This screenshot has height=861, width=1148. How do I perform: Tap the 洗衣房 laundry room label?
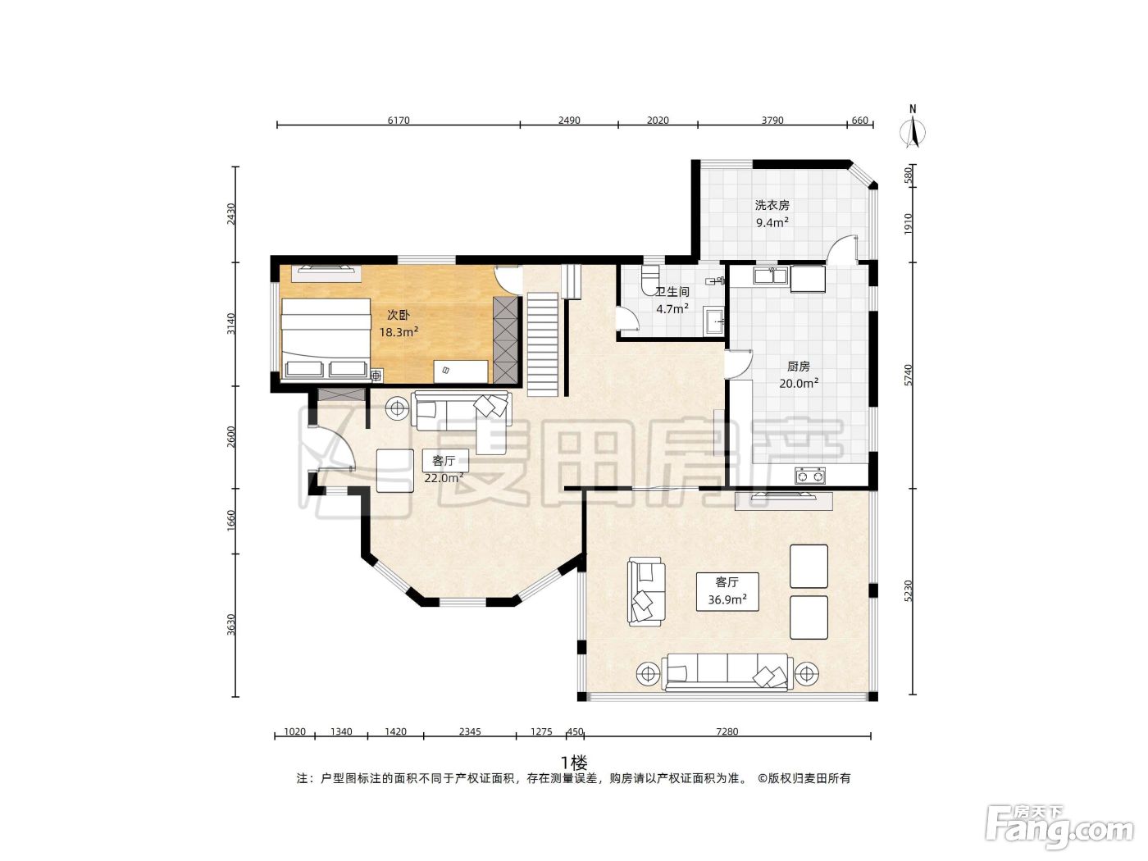(772, 205)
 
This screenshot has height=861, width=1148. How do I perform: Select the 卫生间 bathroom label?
(672, 292)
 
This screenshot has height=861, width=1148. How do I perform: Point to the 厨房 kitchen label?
(799, 366)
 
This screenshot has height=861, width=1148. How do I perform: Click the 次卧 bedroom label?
(398, 315)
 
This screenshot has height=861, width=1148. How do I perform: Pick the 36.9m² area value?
(727, 599)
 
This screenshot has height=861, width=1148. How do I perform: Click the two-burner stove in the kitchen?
(810, 476)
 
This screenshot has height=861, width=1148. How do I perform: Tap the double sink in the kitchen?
(770, 276)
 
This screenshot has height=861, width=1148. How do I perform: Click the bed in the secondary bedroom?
(326, 338)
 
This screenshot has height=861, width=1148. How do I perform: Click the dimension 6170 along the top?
(399, 121)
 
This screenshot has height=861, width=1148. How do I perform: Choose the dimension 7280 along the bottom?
(727, 731)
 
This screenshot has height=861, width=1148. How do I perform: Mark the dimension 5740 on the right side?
(909, 376)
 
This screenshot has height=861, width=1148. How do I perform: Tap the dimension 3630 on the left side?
(231, 625)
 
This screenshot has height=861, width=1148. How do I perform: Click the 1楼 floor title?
(574, 763)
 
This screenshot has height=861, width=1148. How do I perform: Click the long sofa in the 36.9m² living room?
(727, 672)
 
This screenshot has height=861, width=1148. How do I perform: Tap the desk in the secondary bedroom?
(461, 371)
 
